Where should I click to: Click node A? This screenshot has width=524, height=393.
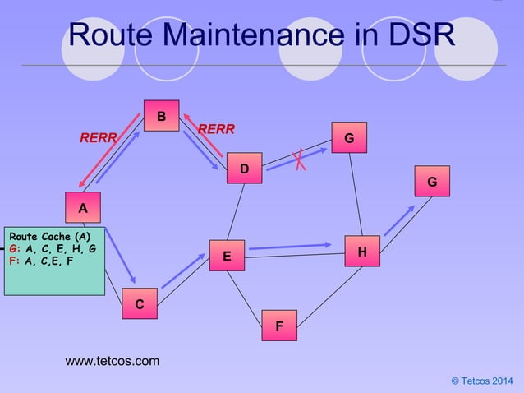[83, 208]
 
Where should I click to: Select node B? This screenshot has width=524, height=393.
[162, 116]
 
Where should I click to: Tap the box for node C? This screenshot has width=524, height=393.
[140, 304]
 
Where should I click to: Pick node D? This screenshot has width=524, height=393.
[244, 169]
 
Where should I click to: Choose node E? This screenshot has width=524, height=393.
[228, 257]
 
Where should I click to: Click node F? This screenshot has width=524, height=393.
[279, 326]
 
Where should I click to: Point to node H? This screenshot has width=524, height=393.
[362, 251]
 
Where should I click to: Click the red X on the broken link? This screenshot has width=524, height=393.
[301, 159]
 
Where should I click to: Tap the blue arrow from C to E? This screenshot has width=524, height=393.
[182, 270]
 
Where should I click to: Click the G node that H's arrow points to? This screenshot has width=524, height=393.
[432, 181]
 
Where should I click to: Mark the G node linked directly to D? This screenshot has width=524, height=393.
[349, 137]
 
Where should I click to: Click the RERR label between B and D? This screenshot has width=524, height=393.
[216, 129]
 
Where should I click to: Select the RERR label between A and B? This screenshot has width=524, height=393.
[98, 137]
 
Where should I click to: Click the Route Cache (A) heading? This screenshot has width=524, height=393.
[51, 236]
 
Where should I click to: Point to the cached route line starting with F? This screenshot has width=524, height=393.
[41, 261]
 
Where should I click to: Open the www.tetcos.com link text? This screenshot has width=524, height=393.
[113, 361]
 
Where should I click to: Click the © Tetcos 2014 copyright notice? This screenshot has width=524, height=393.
[481, 379]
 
